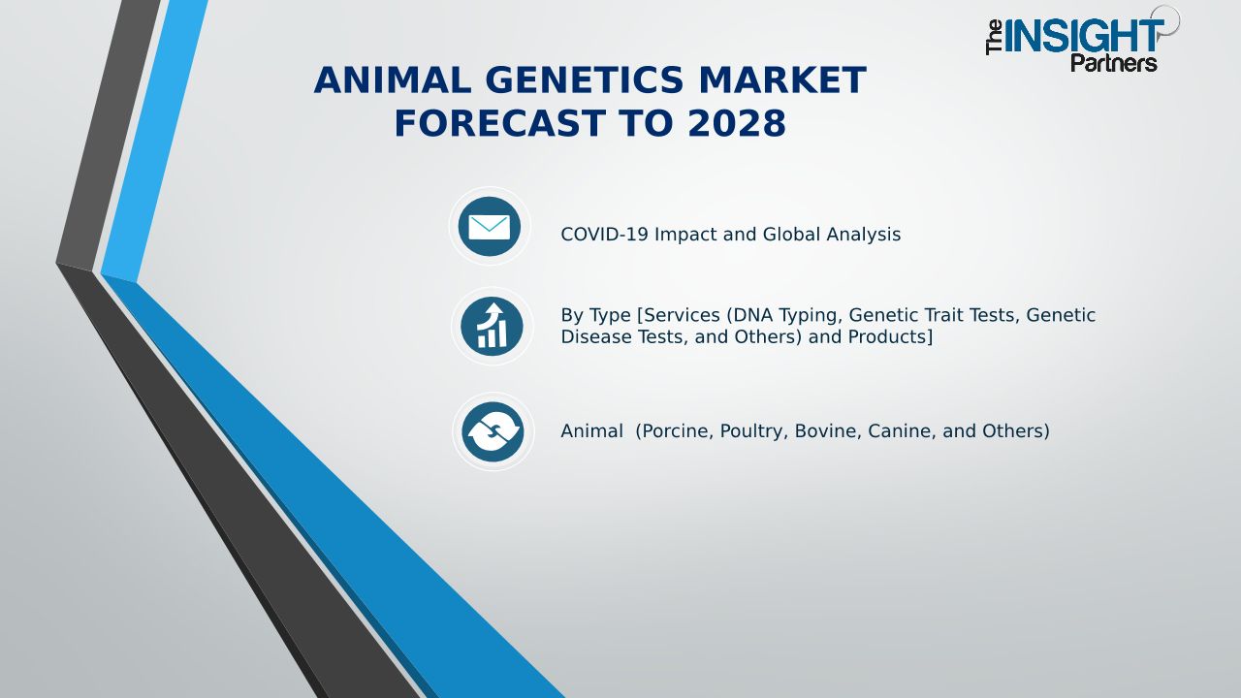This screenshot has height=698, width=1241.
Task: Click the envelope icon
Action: pos(490,227)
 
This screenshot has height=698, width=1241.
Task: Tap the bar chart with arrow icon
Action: pos(492,327)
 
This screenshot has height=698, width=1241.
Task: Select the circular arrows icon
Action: pos(493,432)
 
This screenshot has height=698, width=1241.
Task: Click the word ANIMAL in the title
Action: pos(393,80)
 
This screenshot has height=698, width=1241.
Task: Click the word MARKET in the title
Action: pos(782,80)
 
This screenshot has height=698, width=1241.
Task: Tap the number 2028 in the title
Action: pos(737,123)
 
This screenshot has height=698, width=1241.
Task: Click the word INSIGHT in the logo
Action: pos(1084,37)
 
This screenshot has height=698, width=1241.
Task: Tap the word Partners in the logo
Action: pos(1114,63)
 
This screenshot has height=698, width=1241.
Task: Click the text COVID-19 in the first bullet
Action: pos(604,235)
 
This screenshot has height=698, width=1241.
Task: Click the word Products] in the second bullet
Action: pos(890,336)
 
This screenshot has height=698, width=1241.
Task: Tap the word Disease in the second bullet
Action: pos(596,336)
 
